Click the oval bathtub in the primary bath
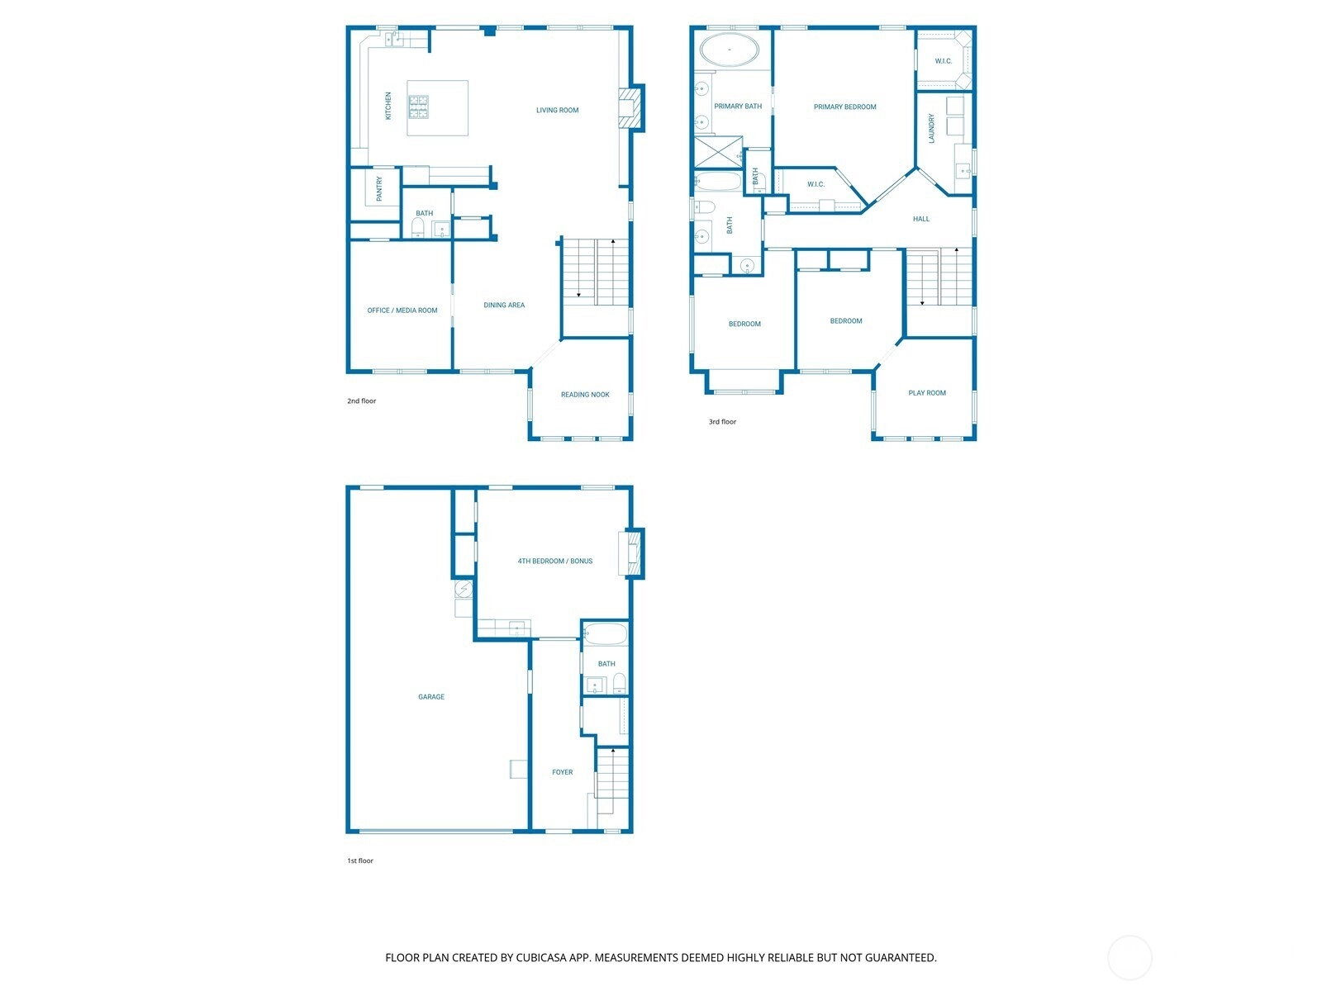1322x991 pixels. click(729, 50)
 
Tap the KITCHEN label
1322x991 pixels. click(388, 106)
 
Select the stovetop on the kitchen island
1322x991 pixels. click(418, 107)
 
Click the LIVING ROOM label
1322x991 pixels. click(557, 110)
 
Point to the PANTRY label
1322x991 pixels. click(378, 188)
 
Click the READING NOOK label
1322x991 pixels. click(585, 395)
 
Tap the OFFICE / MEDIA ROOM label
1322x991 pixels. click(402, 311)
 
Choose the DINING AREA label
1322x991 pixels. click(503, 305)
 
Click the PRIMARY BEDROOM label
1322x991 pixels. click(844, 107)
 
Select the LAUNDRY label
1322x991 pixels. click(931, 128)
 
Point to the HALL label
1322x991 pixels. click(921, 219)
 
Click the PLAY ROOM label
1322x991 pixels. click(927, 393)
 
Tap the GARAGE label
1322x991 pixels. click(431, 697)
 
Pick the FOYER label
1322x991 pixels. click(562, 772)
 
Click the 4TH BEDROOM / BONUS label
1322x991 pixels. click(554, 561)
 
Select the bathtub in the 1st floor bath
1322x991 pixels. click(606, 634)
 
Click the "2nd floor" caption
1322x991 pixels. click(361, 401)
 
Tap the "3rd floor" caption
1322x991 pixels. click(722, 422)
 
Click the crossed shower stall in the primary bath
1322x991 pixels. click(719, 152)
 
